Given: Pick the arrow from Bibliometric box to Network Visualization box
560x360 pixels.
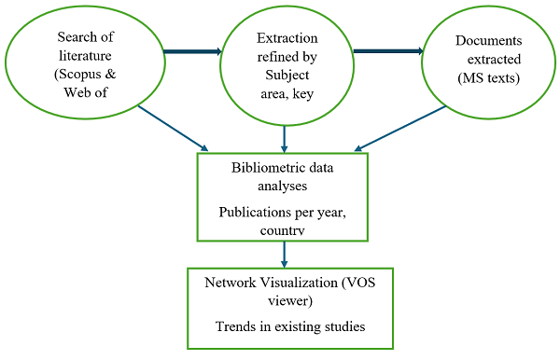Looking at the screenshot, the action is coord(284,254).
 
